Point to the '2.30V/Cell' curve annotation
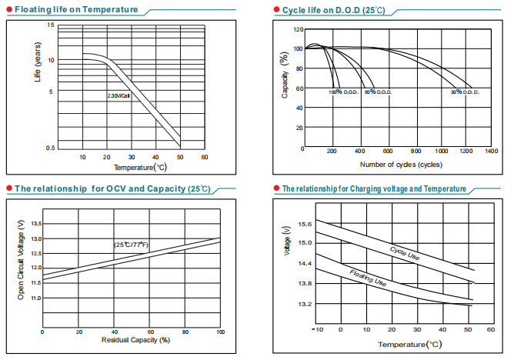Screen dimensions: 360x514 coord(118,95)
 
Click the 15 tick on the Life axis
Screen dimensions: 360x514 coord(51,25)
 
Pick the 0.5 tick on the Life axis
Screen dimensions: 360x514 coord(50,147)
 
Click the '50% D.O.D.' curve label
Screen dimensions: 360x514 coord(379,92)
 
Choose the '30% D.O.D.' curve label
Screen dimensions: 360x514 coord(466,92)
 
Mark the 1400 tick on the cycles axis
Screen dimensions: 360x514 coord(491,151)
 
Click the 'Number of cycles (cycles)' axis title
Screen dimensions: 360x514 coord(400,165)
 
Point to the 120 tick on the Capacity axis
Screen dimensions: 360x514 coord(298,29)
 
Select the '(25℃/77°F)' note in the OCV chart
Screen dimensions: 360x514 coord(132,245)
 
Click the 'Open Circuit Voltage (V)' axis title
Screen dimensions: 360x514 coord(22,259)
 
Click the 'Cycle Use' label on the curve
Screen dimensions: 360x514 coord(405,253)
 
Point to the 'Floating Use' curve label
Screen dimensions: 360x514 coord(369,278)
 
